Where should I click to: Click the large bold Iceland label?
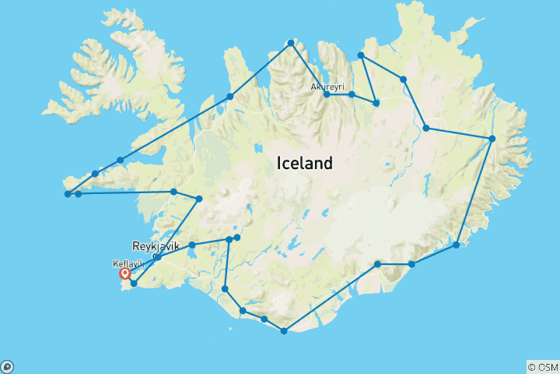305,164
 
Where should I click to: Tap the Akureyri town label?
327,86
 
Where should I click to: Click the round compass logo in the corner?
7,366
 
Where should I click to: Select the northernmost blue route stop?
291,43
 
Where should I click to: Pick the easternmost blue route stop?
492,139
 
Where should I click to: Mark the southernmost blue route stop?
284,331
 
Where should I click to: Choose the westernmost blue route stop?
68,193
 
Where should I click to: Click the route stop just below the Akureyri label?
327,95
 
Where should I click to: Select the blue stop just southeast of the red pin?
135,284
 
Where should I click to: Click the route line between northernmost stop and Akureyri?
309,69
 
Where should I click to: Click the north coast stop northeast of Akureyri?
361,55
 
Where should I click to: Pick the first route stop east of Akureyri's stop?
352,94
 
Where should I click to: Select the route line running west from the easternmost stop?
459,133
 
